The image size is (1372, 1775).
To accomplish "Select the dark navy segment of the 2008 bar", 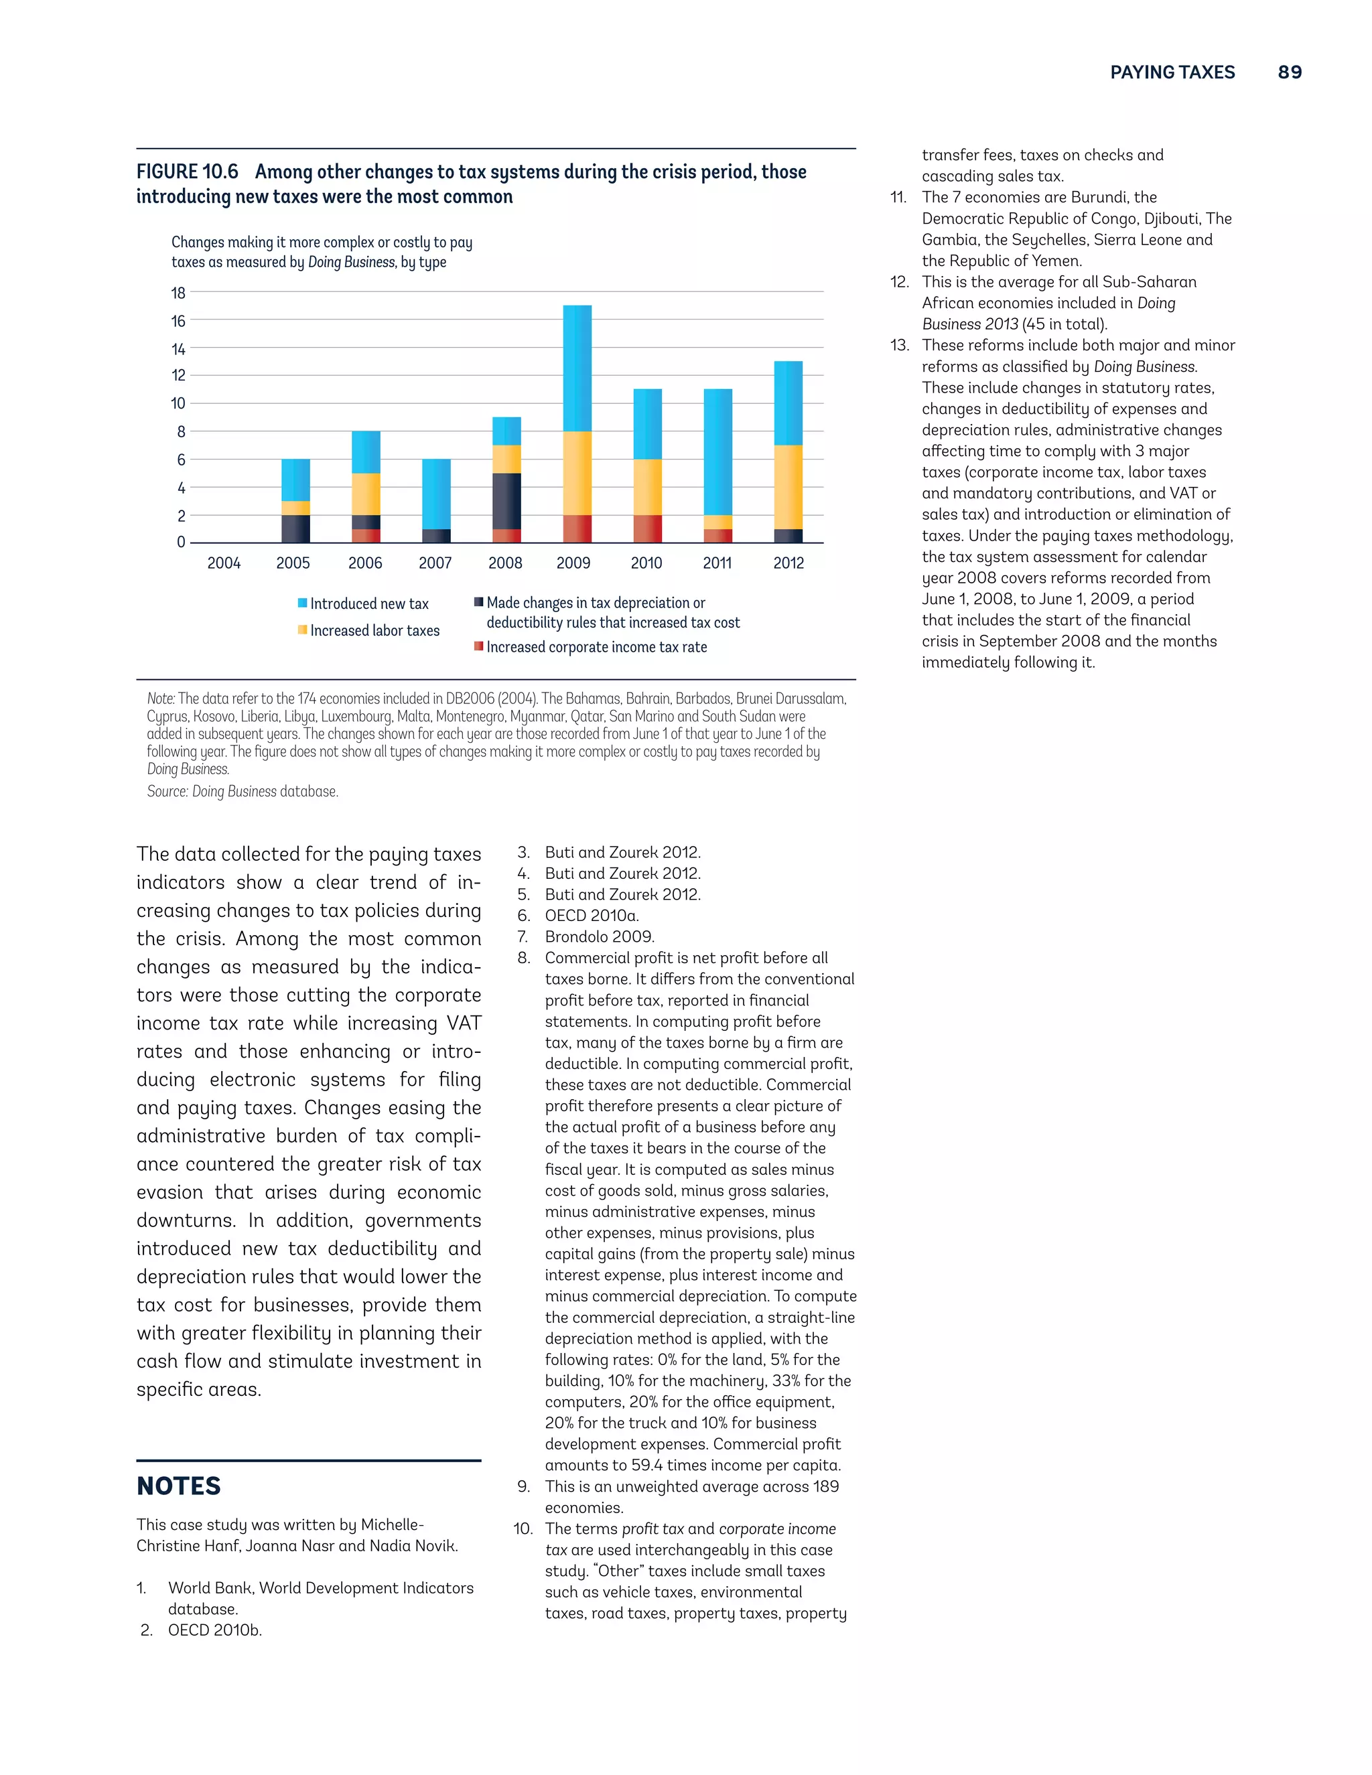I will (506, 500).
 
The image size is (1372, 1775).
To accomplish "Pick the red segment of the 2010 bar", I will (647, 528).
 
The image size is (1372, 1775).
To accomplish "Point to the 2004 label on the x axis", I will (224, 563).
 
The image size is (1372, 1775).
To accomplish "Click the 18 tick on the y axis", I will (178, 293).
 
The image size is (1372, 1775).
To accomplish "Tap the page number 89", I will (1289, 72).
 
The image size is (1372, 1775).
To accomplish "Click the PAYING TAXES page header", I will (1172, 72).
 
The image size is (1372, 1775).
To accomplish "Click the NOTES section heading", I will (179, 1486).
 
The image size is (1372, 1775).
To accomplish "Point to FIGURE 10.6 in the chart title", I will (187, 171).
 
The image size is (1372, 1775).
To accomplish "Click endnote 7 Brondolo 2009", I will (599, 936).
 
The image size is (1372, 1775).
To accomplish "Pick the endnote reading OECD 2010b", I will (214, 1630).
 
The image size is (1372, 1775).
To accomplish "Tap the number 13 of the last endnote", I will (898, 346).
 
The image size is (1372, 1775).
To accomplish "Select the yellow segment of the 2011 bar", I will (717, 522).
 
